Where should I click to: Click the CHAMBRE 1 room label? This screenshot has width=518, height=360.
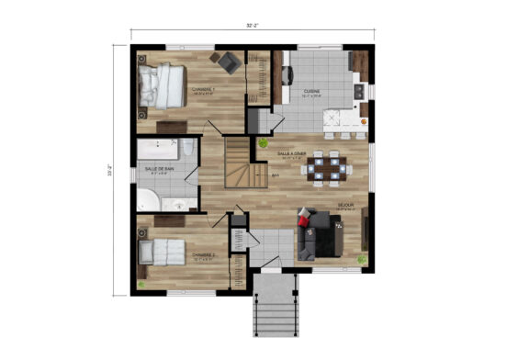(x=202, y=89)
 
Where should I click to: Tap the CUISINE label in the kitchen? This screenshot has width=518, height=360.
(x=312, y=90)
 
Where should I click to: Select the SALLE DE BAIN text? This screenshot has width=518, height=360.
(x=159, y=169)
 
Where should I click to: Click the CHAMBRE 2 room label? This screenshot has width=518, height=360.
(x=203, y=254)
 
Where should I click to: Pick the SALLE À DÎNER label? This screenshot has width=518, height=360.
(x=304, y=153)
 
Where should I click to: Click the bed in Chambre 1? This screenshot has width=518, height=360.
(x=163, y=86)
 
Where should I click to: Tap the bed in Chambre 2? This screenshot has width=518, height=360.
(x=163, y=252)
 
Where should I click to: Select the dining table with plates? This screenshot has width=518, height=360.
(x=326, y=168)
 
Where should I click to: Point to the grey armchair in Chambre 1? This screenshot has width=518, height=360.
(x=227, y=62)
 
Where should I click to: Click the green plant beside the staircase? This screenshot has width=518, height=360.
(x=264, y=143)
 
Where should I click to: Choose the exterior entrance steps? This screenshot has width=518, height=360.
(x=276, y=306)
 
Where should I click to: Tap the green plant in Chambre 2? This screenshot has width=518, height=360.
(x=142, y=285)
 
